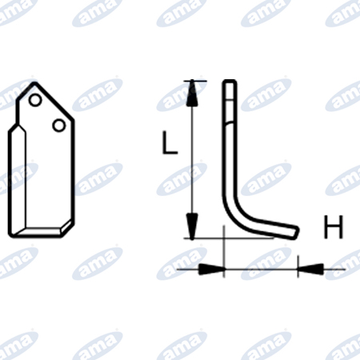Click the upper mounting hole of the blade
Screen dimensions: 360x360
35,100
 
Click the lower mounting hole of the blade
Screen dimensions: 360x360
58,125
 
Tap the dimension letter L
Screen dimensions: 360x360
170,142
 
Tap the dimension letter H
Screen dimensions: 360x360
333,226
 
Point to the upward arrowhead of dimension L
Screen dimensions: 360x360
192,94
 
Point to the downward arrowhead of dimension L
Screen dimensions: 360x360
192,226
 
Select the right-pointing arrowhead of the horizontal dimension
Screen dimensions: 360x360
211,269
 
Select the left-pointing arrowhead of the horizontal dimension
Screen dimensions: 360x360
310,269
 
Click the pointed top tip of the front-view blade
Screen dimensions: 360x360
34,82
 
